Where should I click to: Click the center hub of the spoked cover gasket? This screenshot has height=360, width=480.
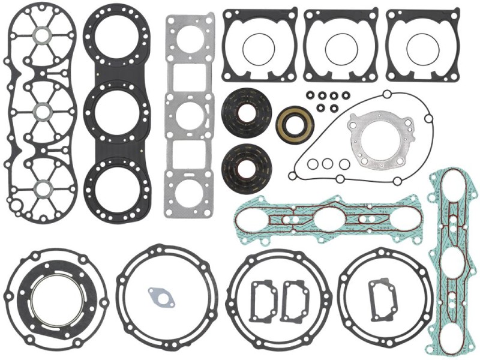tap(43, 112)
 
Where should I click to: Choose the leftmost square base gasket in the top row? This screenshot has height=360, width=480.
tap(260, 45)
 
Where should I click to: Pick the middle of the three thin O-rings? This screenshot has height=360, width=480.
tap(327, 163)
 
